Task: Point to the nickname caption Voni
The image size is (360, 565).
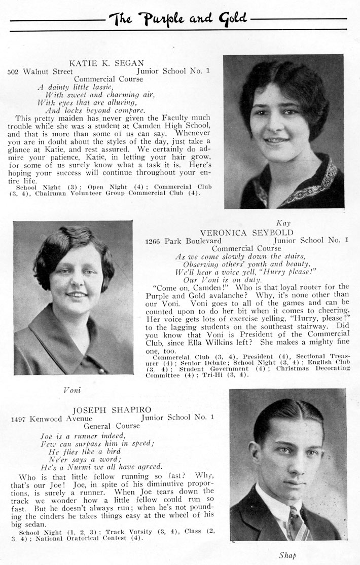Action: pyautogui.click(x=72, y=390)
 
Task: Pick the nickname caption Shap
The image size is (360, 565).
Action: pyautogui.click(x=287, y=555)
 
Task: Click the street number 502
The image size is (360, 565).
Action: pyautogui.click(x=14, y=71)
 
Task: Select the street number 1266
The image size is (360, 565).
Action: pyautogui.click(x=154, y=241)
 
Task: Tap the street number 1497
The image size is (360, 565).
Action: pyautogui.click(x=19, y=418)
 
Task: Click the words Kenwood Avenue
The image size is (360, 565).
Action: pyautogui.click(x=61, y=418)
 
